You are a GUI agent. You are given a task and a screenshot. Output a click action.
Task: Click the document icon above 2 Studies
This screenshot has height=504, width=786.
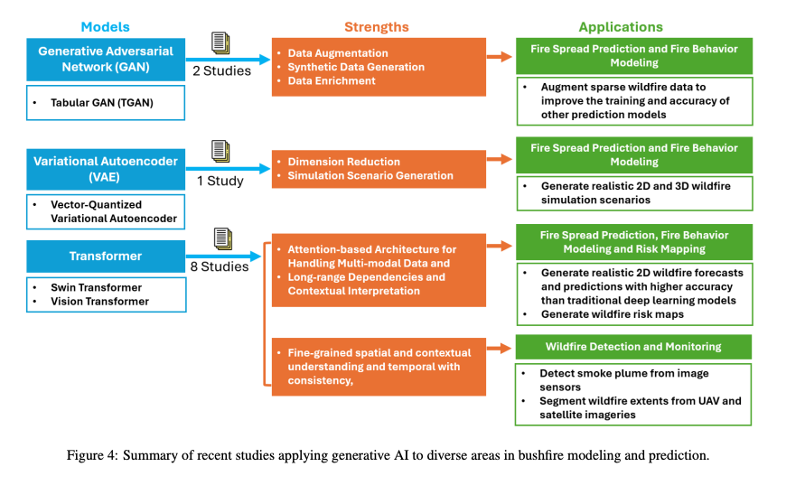click(x=220, y=43)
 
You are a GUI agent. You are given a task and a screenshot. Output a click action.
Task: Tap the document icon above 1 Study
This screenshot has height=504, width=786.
click(x=220, y=152)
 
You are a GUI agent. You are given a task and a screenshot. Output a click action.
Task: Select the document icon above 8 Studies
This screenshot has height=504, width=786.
click(x=222, y=239)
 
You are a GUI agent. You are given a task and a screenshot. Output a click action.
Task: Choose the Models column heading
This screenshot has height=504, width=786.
click(x=107, y=27)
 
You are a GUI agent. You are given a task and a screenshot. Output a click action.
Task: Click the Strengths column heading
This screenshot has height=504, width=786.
click(x=377, y=27)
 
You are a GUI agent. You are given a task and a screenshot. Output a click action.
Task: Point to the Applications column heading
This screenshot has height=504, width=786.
click(x=621, y=27)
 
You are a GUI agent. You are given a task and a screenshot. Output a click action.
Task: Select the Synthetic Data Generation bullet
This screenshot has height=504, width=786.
click(x=356, y=68)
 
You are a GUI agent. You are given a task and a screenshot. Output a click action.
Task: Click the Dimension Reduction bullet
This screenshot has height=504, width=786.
click(x=344, y=162)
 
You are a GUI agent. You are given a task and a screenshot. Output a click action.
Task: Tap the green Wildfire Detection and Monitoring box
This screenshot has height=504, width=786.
click(x=633, y=347)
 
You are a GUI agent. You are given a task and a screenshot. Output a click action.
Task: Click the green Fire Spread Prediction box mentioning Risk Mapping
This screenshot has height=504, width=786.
click(x=633, y=241)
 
